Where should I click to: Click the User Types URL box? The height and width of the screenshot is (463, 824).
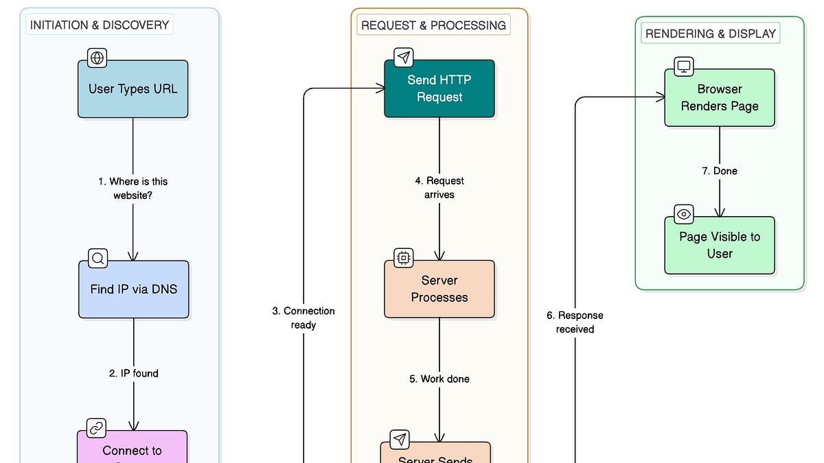[133, 89]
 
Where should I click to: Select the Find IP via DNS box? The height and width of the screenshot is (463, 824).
[133, 289]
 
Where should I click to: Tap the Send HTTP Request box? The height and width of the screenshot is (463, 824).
[439, 89]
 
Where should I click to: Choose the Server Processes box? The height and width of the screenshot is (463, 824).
[439, 289]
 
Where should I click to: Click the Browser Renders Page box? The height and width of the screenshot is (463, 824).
[720, 98]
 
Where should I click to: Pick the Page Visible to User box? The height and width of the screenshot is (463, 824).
[720, 246]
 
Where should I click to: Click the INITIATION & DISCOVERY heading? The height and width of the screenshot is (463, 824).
[100, 25]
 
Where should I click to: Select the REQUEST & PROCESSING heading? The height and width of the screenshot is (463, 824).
[433, 25]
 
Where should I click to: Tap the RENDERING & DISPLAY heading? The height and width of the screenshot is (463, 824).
[710, 33]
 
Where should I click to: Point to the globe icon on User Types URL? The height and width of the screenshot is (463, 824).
[98, 58]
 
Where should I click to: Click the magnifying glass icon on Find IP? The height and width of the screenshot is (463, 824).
[98, 259]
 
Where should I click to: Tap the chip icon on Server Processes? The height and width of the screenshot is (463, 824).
[403, 258]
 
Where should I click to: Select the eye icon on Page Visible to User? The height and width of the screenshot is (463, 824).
[684, 214]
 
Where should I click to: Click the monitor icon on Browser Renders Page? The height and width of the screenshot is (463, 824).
[684, 67]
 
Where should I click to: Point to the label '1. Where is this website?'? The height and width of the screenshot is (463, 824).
[133, 189]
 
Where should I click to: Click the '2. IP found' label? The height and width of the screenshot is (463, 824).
[133, 373]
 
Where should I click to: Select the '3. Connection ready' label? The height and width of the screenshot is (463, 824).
[303, 318]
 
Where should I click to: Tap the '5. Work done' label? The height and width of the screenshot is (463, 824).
[439, 379]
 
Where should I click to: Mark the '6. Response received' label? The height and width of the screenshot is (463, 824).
[575, 322]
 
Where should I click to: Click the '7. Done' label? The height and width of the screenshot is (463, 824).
[720, 171]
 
